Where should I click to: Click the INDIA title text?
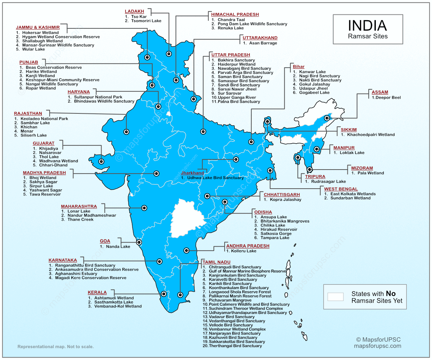tap(367, 26)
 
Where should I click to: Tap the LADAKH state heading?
tap(134, 12)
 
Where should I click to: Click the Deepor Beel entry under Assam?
tap(386, 98)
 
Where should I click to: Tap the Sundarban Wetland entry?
tap(350, 198)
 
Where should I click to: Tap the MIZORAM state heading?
tap(362, 168)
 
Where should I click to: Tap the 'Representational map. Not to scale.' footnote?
tap(55, 347)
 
